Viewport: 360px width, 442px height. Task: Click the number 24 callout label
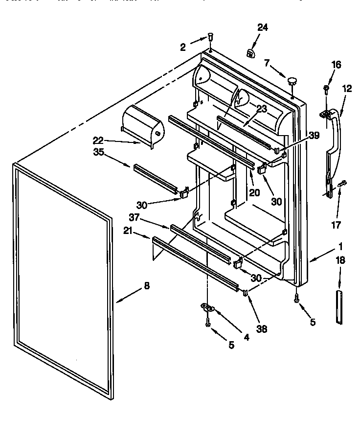pos(263,28)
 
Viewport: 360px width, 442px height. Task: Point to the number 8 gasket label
pos(147,286)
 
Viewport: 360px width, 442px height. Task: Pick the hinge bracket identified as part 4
pos(208,307)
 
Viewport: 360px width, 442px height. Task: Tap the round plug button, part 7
pos(292,81)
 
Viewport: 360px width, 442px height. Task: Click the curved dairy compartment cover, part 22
pos(142,125)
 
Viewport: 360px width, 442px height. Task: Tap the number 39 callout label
pos(314,136)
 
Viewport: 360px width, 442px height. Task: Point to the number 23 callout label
pos(262,109)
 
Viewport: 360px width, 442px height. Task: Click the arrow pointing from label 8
pos(128,299)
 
